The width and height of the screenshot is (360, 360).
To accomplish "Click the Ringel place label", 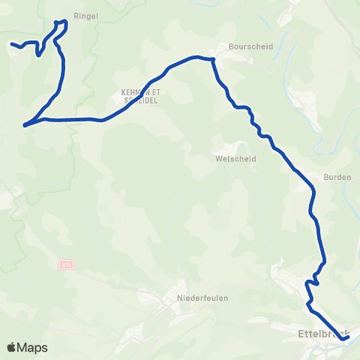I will point(86,15).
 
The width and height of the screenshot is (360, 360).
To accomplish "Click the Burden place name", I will point(337,177).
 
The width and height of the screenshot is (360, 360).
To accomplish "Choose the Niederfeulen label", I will point(202,298).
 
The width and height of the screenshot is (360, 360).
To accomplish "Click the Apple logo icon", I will point(12,347).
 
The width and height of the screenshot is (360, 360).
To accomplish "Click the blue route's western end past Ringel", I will point(11,44).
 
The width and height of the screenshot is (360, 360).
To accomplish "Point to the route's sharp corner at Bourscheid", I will point(213,58).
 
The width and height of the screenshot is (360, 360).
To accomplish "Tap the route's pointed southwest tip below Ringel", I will point(25,125).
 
